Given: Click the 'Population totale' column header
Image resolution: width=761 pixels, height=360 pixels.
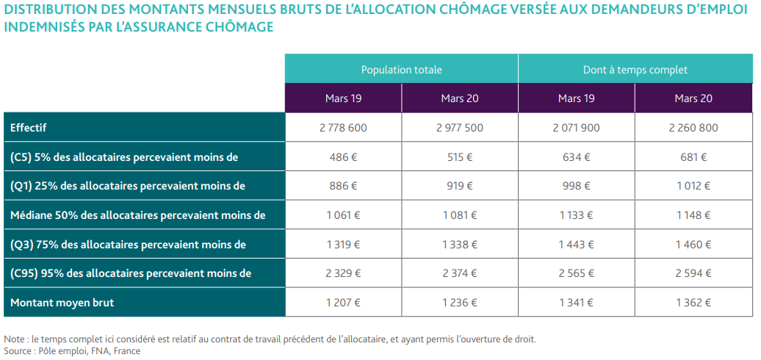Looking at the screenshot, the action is pos(401,70).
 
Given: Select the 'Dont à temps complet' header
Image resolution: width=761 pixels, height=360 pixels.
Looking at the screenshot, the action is pos(635,70).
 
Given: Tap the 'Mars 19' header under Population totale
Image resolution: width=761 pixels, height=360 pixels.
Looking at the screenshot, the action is pos(343,98).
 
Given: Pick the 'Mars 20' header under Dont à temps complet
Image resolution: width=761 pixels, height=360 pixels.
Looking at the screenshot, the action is pos(693,98).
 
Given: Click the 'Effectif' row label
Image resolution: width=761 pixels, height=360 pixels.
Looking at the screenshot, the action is pos(28,128).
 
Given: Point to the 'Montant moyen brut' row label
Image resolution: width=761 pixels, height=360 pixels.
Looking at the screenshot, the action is pos(62,303).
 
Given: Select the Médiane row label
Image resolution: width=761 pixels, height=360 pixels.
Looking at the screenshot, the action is pos(138,215).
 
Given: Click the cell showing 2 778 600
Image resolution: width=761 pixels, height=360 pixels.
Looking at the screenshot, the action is pos(343,128).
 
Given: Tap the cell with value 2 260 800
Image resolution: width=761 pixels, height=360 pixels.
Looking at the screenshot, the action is pos(693,128).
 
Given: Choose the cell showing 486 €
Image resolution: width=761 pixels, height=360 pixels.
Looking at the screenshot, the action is pos(343,157).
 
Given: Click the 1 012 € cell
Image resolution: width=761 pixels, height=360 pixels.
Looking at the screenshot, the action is pos(693,187).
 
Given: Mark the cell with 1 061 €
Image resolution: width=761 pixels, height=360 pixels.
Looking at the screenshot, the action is pos(343,215).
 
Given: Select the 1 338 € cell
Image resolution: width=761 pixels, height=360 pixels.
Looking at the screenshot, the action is pos(460,245).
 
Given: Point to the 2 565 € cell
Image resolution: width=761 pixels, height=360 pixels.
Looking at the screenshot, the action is pos(576,273).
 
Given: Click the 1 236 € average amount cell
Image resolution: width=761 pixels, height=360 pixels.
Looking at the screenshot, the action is pos(460,303).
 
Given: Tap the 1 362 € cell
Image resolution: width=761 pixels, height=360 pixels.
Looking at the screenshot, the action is pos(693,303).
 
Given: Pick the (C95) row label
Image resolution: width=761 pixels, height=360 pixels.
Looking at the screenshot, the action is pos(131,273).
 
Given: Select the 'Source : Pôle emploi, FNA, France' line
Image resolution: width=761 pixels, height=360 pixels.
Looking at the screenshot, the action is pos(72,350).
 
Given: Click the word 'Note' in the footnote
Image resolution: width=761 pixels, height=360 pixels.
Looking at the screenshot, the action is pos(12,339).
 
